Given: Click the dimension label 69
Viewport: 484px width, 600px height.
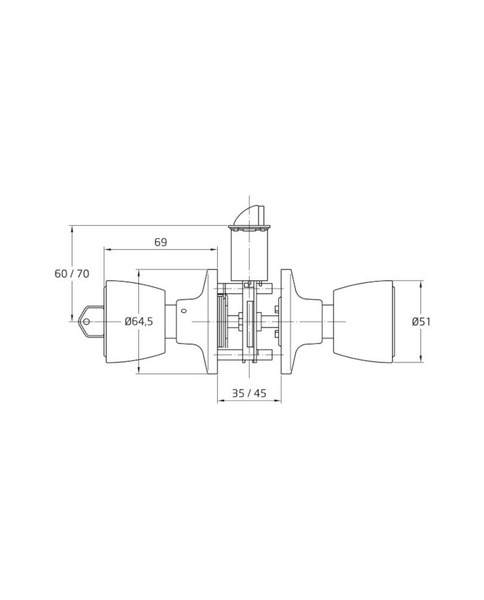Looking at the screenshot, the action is (161, 242).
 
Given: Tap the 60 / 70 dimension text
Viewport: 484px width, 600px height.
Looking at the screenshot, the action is (72, 273).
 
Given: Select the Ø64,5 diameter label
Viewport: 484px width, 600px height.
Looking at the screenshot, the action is (139, 322).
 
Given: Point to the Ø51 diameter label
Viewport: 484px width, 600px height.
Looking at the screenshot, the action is (421, 322).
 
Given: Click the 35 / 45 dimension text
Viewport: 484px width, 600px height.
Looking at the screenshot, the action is (249, 393).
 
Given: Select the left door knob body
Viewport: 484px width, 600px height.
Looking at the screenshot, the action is (135, 322).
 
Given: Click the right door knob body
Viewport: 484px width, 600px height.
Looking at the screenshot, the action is (364, 322).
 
